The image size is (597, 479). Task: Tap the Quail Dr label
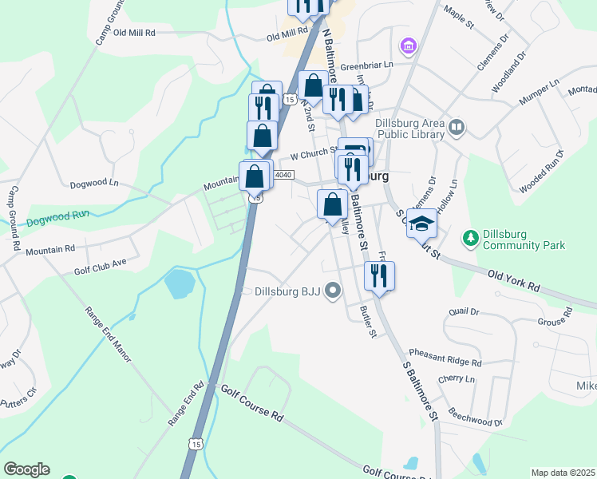(463, 312)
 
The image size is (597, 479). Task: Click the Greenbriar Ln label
(368, 65)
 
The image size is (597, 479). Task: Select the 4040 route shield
(283, 175)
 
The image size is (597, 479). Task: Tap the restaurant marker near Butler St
(378, 276)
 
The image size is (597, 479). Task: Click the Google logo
(26, 469)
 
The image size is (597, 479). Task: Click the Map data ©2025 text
(563, 473)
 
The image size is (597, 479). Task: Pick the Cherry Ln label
(457, 379)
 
